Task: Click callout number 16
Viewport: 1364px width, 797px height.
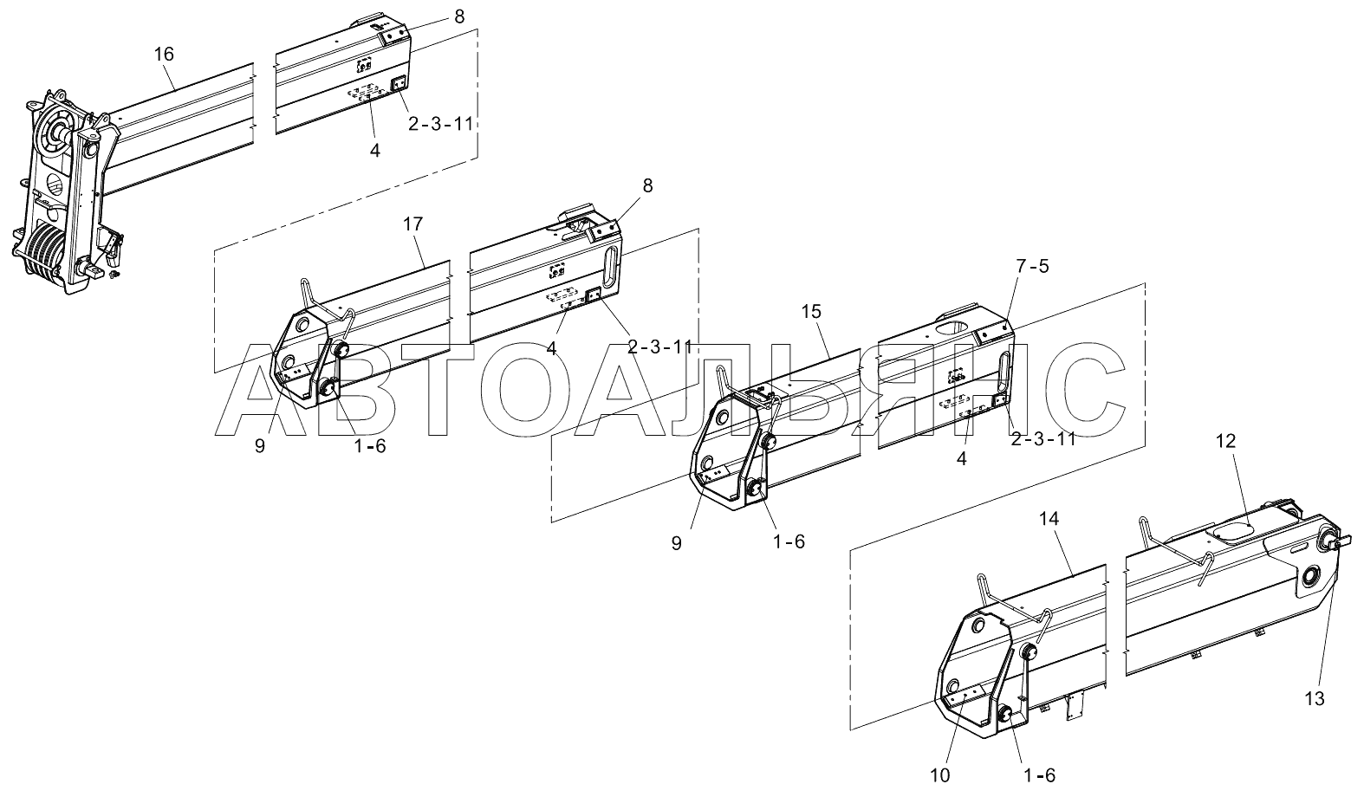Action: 164,55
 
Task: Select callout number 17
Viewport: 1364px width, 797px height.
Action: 412,224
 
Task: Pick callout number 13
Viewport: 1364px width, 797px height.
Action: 1314,699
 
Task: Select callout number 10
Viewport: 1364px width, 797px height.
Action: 940,774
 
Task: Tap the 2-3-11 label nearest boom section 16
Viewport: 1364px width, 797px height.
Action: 440,124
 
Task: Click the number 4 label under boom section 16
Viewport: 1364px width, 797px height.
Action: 374,150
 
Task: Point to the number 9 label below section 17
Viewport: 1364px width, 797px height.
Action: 260,447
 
